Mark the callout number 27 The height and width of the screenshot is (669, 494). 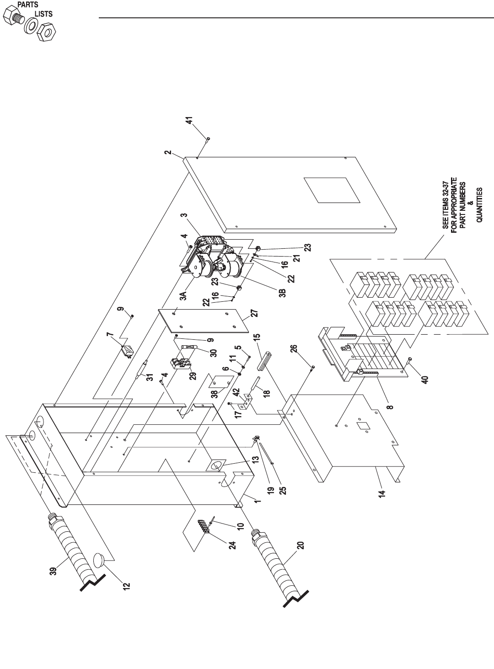[255, 314]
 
